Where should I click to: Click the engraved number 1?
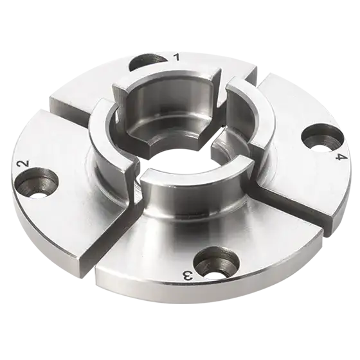176,58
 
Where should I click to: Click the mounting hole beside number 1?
146,62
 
